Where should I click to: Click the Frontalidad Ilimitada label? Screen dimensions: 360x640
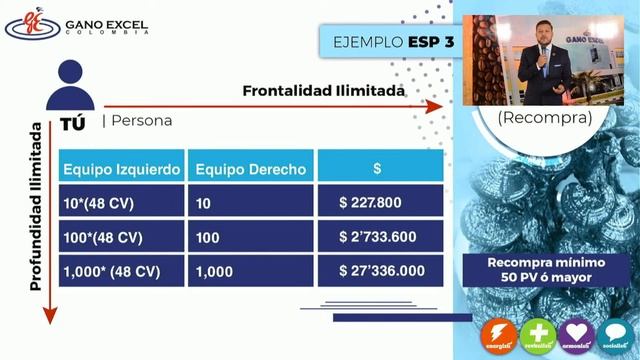(x=323, y=91)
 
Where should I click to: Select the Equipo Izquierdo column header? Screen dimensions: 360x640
(x=122, y=169)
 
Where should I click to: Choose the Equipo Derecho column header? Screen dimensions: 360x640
(x=251, y=169)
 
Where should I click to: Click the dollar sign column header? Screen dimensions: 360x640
(x=376, y=169)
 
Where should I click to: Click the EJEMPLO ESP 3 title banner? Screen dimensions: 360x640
(x=393, y=42)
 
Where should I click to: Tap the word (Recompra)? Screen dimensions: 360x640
(x=545, y=117)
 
